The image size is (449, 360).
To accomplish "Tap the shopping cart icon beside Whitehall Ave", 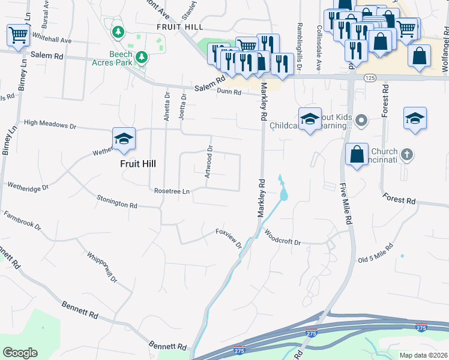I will [x=19, y=35].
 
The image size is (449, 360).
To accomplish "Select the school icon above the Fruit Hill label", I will [x=124, y=139].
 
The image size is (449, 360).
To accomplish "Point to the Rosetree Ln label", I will [x=172, y=191].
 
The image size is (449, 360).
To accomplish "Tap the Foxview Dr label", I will [x=229, y=237].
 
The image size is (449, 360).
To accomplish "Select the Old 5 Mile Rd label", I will [x=376, y=254].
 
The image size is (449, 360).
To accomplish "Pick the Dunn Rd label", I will [x=229, y=92].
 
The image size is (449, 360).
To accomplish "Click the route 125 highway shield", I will [x=370, y=78].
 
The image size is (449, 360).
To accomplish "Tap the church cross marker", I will [x=406, y=155].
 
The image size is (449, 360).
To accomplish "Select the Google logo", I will [x=20, y=353].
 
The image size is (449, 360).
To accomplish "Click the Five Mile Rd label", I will [x=345, y=203].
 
